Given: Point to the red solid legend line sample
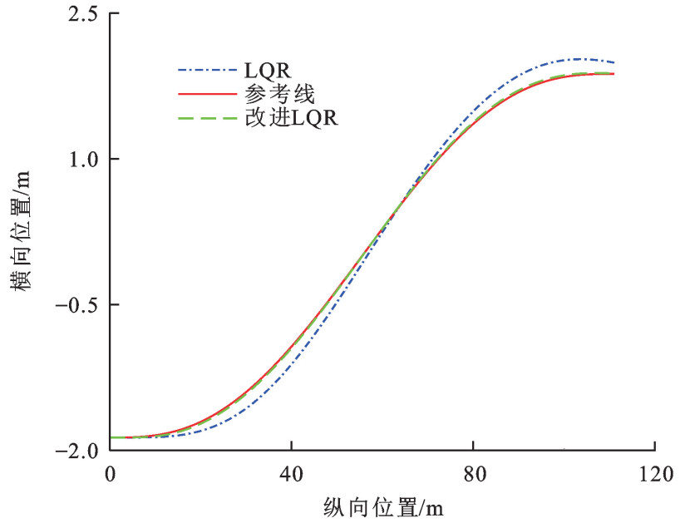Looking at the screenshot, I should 196,94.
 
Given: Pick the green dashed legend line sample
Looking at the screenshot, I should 196,118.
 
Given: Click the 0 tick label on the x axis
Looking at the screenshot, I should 111,472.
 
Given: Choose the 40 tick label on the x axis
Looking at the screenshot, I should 292,472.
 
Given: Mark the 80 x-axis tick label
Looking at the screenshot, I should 473,472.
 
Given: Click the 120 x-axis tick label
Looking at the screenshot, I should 654,472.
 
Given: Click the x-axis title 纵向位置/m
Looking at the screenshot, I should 382,505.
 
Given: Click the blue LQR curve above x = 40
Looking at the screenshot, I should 292,359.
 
